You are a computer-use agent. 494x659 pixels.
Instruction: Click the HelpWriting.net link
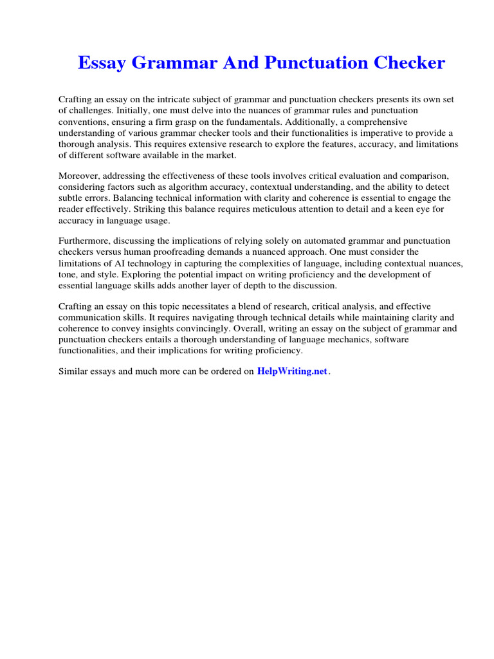(292, 371)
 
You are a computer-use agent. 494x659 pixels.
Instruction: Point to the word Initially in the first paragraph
(124, 110)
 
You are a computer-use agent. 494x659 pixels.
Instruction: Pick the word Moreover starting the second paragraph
(78, 176)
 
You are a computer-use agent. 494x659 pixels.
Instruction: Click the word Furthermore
(84, 241)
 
